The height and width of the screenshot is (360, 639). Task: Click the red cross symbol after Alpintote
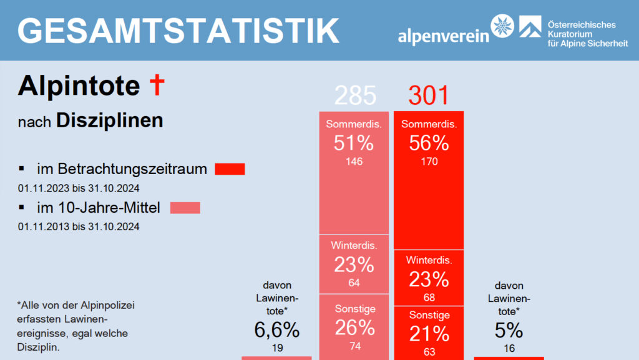157,85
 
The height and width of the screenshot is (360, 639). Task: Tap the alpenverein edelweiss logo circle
503,27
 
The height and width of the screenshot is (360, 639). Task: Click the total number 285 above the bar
355,95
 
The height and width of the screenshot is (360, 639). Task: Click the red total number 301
429,95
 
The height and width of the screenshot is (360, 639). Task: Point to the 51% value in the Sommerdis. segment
354,143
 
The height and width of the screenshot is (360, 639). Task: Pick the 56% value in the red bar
429,143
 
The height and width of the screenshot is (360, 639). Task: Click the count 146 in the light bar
354,162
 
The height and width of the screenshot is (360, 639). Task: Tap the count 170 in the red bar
429,162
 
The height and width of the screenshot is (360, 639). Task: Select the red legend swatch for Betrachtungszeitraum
230,169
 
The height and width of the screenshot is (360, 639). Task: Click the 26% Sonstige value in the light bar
354,327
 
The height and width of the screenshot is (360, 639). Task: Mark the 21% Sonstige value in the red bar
429,333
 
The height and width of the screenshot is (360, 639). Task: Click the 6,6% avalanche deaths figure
277,329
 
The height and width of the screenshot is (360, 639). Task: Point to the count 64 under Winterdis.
354,283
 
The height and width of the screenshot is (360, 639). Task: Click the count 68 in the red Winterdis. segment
429,297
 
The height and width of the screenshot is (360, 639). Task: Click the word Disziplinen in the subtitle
110,120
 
